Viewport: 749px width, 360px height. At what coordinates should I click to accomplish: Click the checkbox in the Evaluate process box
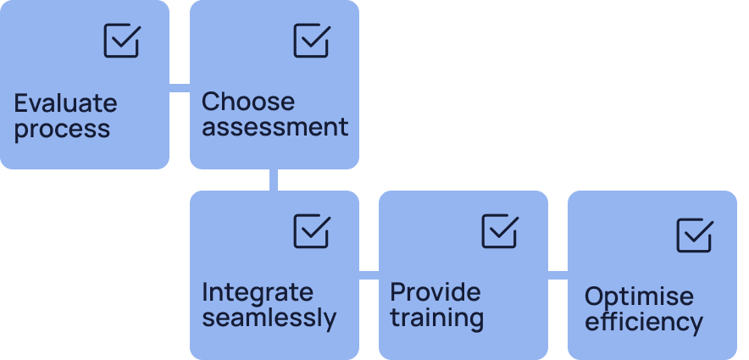[x=121, y=41]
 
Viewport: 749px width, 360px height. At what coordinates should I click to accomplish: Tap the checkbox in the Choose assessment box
[x=311, y=41]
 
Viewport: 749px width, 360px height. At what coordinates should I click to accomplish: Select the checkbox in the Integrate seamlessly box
[x=311, y=231]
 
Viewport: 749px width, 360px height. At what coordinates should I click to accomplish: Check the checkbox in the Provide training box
[x=500, y=231]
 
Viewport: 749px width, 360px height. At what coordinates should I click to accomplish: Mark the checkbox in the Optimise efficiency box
[x=694, y=235]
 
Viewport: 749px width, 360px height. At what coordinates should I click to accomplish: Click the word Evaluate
[x=65, y=104]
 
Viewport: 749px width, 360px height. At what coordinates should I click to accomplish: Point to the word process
[x=62, y=130]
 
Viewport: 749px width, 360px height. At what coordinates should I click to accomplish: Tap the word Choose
[x=248, y=102]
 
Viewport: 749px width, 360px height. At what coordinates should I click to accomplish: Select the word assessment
[x=275, y=128]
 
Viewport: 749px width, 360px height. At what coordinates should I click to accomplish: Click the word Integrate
[x=258, y=292]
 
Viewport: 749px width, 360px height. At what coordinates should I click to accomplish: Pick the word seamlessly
[x=269, y=318]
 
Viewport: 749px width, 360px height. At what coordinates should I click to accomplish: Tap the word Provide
[x=436, y=292]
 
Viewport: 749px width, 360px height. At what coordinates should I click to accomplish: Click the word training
[x=436, y=318]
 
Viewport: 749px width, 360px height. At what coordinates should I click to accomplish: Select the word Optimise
[x=639, y=297]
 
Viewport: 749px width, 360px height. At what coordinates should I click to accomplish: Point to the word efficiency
[x=644, y=323]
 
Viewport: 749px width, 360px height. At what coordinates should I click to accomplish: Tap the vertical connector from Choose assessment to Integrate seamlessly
[x=274, y=180]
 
